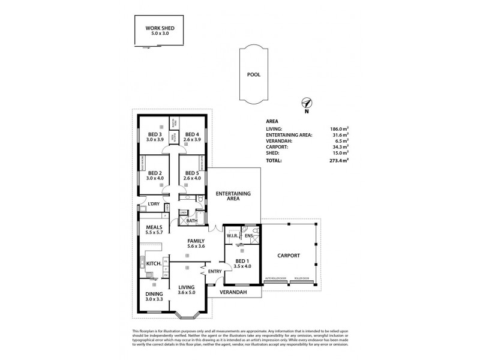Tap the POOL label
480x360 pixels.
point(254,76)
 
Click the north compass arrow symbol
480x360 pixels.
point(306,103)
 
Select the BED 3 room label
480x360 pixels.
point(154,134)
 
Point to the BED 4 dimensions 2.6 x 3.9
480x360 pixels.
point(191,139)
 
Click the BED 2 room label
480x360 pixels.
point(154,172)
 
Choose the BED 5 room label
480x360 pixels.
point(191,172)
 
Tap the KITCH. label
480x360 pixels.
point(153,263)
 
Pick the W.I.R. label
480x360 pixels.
point(233,236)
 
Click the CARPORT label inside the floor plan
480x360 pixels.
point(289,256)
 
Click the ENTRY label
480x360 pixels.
point(215,272)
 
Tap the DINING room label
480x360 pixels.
point(154,293)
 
